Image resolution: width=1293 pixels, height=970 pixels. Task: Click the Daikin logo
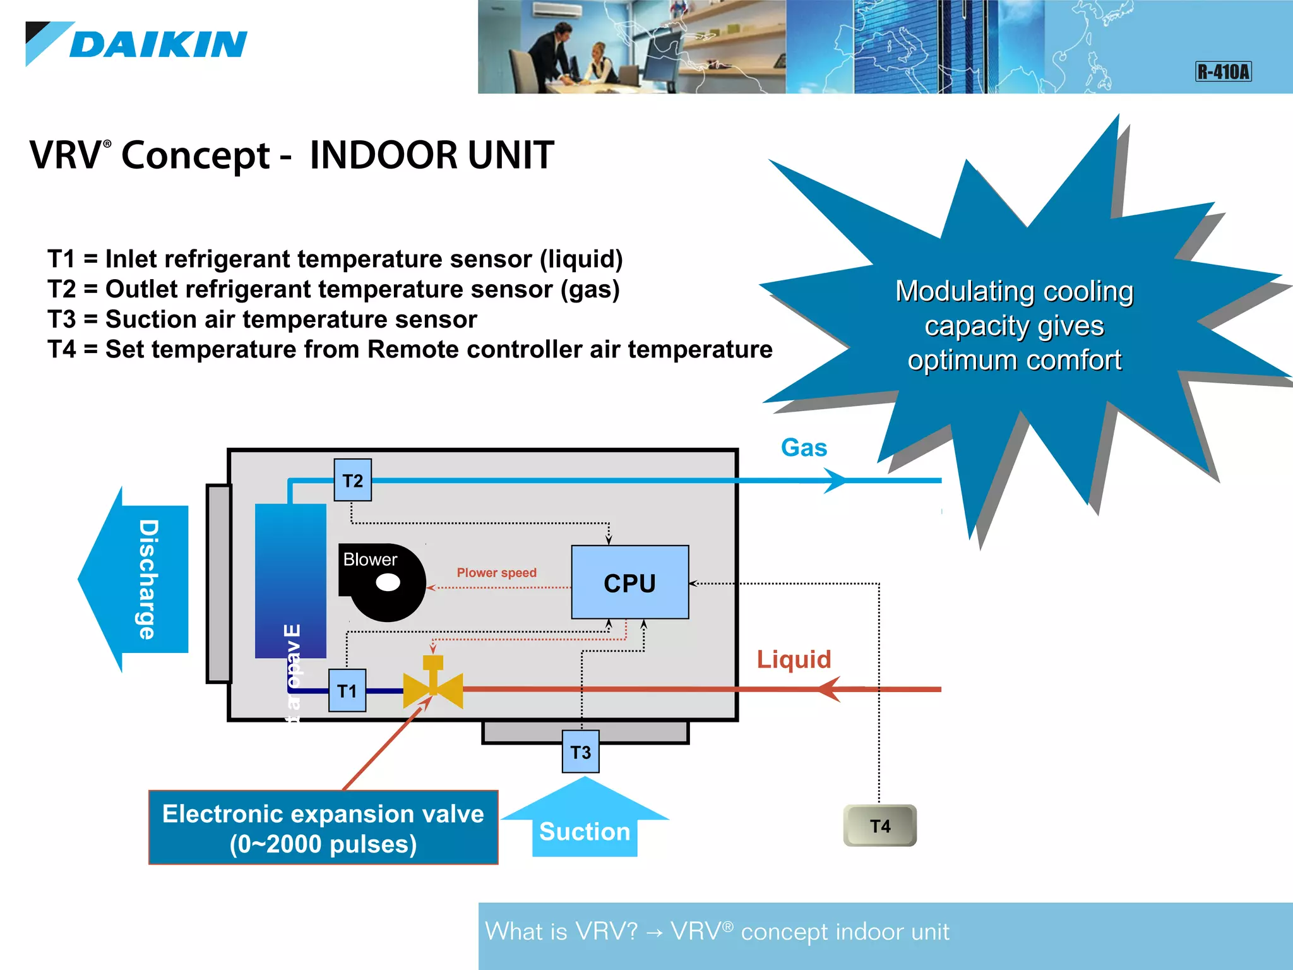pyautogui.click(x=136, y=44)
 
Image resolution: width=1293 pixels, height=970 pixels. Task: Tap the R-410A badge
pyautogui.click(x=1223, y=71)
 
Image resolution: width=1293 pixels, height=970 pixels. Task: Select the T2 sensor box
pyautogui.click(x=352, y=481)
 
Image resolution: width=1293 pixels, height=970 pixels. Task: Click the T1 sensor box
pyautogui.click(x=347, y=690)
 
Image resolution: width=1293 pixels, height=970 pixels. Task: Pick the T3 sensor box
pyautogui.click(x=580, y=751)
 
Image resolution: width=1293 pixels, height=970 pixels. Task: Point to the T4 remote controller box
pyautogui.click(x=879, y=825)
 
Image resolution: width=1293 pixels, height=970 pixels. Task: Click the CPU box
pyautogui.click(x=629, y=582)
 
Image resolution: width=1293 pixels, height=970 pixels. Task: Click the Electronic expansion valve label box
pyautogui.click(x=323, y=827)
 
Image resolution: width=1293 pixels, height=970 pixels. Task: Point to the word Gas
pyautogui.click(x=804, y=448)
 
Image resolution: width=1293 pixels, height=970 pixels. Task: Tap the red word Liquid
pyautogui.click(x=794, y=659)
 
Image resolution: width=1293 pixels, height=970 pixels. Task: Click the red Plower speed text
pyautogui.click(x=496, y=572)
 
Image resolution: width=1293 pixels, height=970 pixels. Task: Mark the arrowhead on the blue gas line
pyautogui.click(x=835, y=481)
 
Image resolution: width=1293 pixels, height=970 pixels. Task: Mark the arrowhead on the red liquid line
pyautogui.click(x=830, y=689)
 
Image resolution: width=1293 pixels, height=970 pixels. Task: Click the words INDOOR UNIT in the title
pyautogui.click(x=432, y=155)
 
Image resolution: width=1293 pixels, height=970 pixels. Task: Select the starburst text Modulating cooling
pyautogui.click(x=1014, y=291)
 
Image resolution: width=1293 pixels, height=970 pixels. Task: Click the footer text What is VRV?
pyautogui.click(x=561, y=931)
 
